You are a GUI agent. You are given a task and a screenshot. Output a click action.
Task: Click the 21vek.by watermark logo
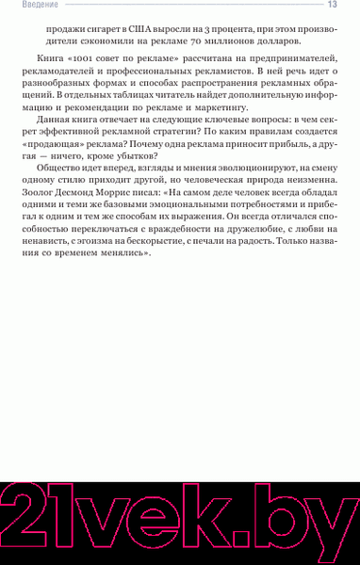point(179,513)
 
